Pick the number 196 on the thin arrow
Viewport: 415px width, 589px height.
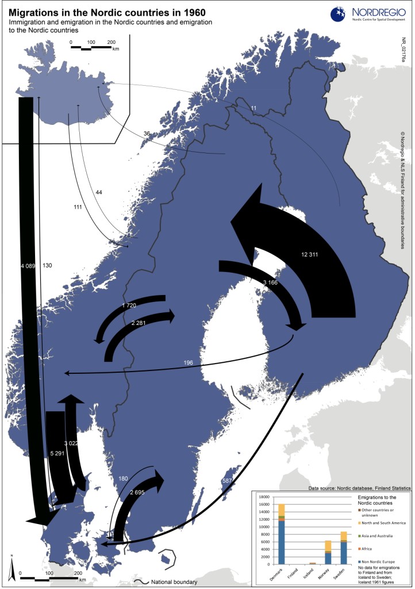[x=188, y=362]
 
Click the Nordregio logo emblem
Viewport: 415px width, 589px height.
[x=339, y=13]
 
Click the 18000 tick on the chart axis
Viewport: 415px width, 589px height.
[x=265, y=496]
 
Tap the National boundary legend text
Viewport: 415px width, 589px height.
[x=174, y=582]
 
